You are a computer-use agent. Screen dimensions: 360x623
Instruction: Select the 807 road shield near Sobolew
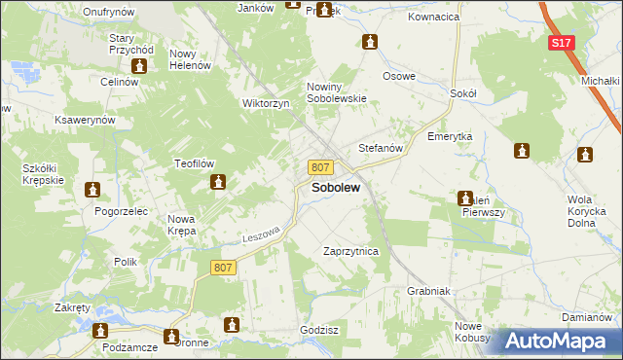click(x=321, y=167)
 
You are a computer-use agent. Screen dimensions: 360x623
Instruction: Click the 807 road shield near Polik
click(x=223, y=267)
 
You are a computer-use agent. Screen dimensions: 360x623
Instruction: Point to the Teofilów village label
click(x=194, y=163)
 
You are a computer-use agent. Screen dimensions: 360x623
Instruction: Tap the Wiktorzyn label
click(x=267, y=103)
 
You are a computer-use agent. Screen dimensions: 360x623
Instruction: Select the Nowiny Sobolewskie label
click(x=337, y=91)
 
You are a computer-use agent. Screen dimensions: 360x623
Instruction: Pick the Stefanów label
click(x=381, y=148)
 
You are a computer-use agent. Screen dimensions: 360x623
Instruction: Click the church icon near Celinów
click(x=138, y=66)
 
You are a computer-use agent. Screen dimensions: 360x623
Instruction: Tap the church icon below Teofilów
click(x=220, y=181)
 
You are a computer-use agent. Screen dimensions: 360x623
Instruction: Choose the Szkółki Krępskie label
click(x=43, y=174)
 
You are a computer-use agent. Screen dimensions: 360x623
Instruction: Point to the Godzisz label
click(x=319, y=330)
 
